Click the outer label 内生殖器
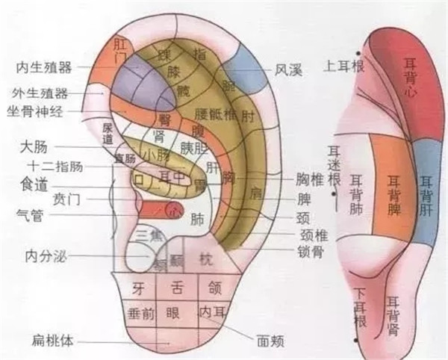point(44,68)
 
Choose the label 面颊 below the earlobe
point(270,341)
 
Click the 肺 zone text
point(197,220)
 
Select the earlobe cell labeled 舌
point(177,286)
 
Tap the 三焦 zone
point(152,238)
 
